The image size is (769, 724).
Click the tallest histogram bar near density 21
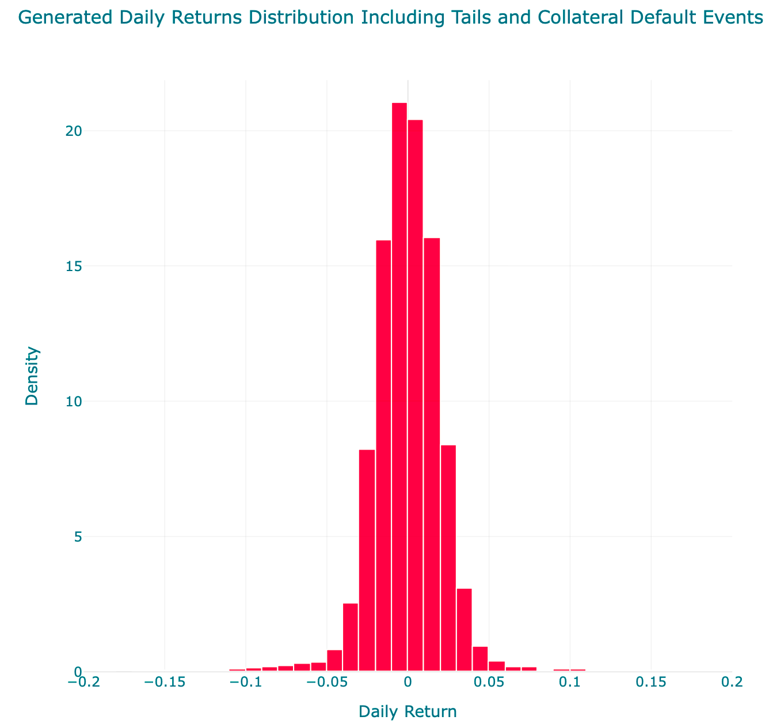click(x=399, y=387)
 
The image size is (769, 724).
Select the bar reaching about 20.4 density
click(x=416, y=395)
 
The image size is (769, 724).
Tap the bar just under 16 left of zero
click(x=383, y=456)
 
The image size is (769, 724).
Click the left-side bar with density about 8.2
click(x=367, y=561)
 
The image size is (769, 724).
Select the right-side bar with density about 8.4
click(x=448, y=558)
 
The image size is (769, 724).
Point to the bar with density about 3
click(x=464, y=630)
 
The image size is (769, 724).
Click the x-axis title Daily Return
click(x=408, y=712)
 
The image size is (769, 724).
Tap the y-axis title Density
click(x=32, y=376)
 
